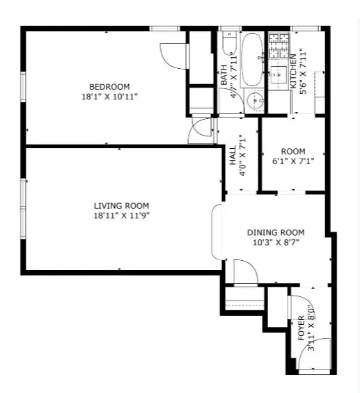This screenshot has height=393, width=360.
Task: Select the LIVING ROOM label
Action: (x=121, y=205)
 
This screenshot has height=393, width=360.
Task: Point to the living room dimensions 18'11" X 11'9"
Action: (x=121, y=215)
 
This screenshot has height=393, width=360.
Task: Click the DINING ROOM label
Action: (x=276, y=232)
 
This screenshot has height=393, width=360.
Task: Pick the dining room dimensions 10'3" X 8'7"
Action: (x=276, y=242)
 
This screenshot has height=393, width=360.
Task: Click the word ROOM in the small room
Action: (x=293, y=152)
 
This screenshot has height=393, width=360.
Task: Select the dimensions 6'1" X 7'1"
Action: (x=293, y=161)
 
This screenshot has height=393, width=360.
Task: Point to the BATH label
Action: (x=224, y=75)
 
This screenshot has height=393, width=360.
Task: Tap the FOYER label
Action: (x=302, y=327)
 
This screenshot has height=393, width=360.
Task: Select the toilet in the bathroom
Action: (x=228, y=48)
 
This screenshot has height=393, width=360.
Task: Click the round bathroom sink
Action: (x=256, y=101)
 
